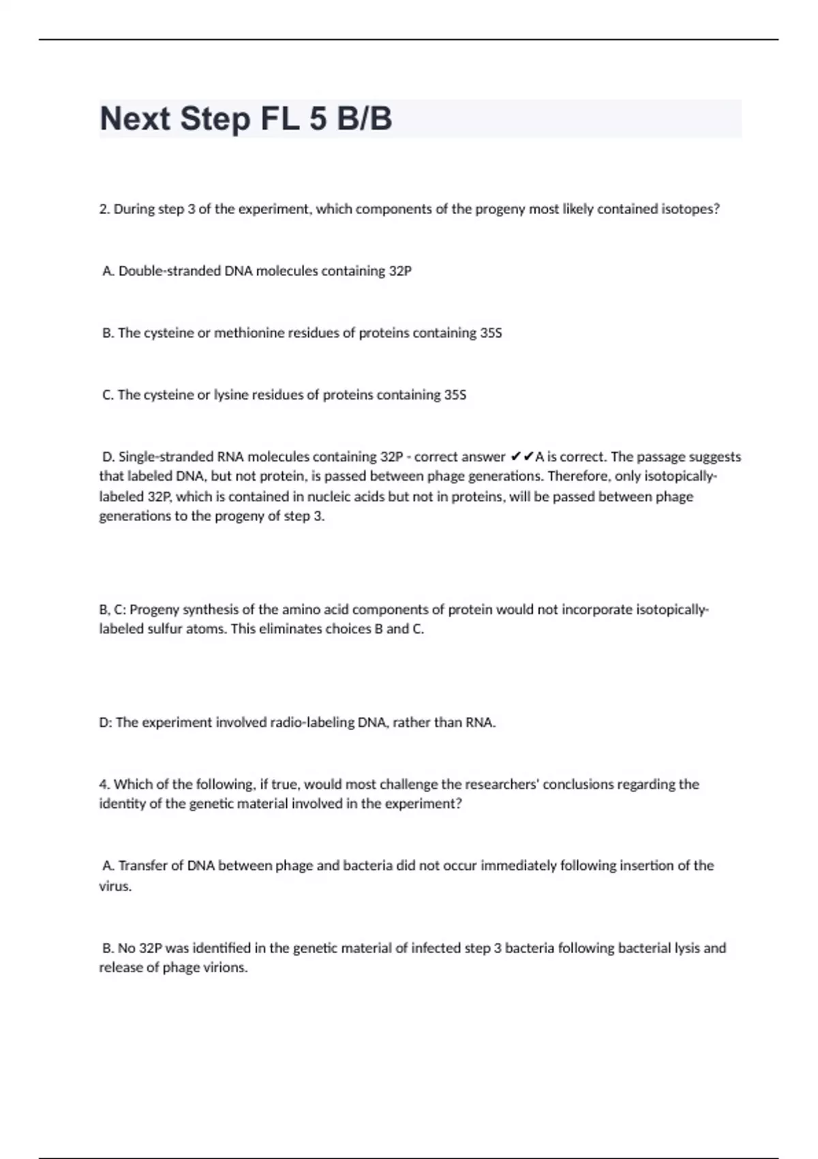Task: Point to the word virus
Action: (115, 887)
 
